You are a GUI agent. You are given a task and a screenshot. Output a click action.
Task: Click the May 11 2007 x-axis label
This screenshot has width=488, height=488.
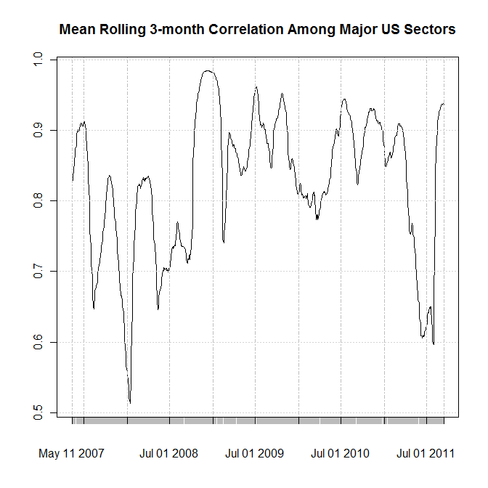[71, 454]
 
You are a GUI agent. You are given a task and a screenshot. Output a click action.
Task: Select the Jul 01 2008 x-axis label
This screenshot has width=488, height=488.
[168, 454]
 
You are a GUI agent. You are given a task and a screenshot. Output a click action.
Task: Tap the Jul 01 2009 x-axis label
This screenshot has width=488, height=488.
[254, 454]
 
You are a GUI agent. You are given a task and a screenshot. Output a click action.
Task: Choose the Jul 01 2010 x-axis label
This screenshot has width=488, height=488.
[340, 454]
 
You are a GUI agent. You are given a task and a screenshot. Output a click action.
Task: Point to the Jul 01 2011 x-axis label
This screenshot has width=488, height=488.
[426, 454]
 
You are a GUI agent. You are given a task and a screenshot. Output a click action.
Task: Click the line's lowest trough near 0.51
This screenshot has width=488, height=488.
[129, 402]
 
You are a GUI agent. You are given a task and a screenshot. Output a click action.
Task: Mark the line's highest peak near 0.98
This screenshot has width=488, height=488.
[208, 70]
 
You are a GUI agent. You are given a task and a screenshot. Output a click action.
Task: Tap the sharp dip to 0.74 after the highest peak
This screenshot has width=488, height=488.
[224, 242]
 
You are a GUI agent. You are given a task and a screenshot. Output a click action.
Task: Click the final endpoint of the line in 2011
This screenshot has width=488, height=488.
[444, 104]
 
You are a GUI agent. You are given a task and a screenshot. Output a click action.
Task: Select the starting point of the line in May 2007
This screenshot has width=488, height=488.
[72, 181]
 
